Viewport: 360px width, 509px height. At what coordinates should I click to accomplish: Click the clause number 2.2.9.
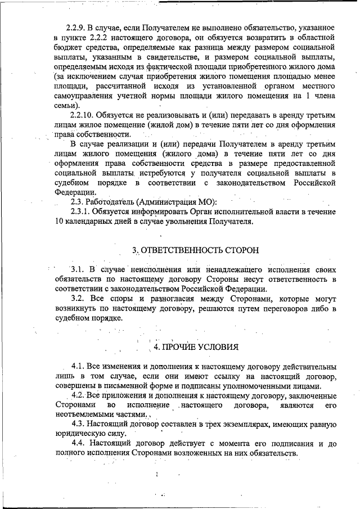tap(75, 27)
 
